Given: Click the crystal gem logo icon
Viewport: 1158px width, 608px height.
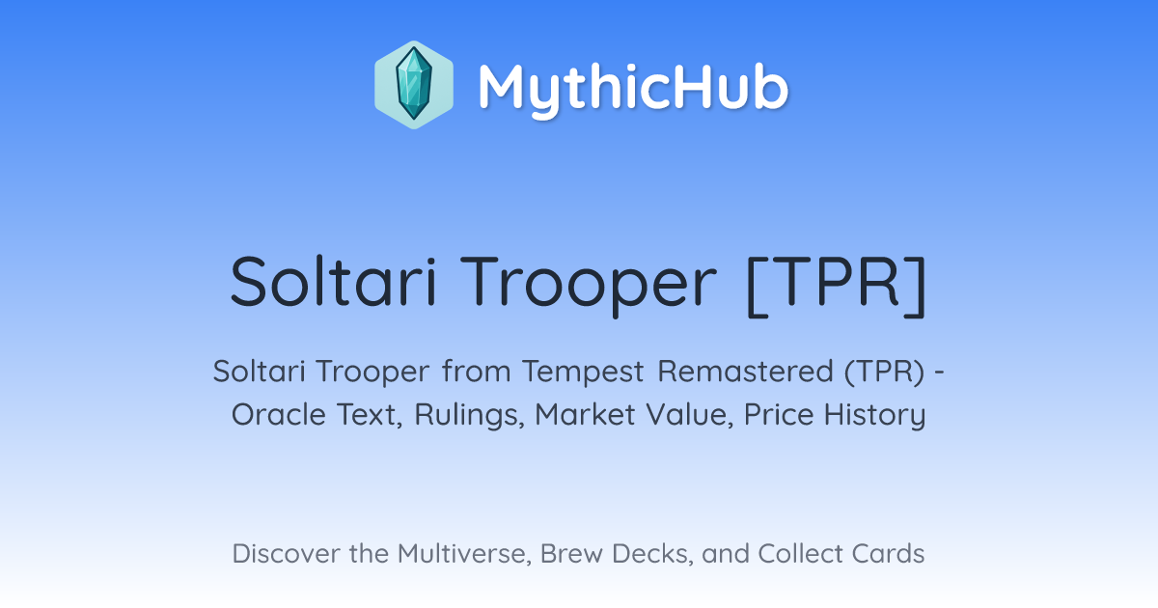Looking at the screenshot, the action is (414, 85).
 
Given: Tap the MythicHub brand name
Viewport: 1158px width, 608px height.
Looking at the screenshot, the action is (633, 89).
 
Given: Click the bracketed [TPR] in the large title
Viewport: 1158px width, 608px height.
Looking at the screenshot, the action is (837, 285).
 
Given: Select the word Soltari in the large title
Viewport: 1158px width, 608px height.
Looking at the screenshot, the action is (334, 282).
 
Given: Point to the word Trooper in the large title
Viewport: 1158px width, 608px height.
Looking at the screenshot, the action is (589, 285).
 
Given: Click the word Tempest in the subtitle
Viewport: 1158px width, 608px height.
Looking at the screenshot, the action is (583, 372).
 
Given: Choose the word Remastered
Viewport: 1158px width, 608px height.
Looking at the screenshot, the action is (745, 372).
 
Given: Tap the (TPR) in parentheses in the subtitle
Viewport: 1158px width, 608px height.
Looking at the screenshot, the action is (885, 372).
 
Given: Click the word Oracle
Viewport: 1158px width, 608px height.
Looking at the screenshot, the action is (278, 415).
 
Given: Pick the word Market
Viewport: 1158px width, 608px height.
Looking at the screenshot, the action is (585, 415).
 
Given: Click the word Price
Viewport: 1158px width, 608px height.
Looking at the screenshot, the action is (778, 415).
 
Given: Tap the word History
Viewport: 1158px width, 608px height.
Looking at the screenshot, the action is (874, 416).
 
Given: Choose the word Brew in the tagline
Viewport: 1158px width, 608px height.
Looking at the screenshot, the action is (571, 554).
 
